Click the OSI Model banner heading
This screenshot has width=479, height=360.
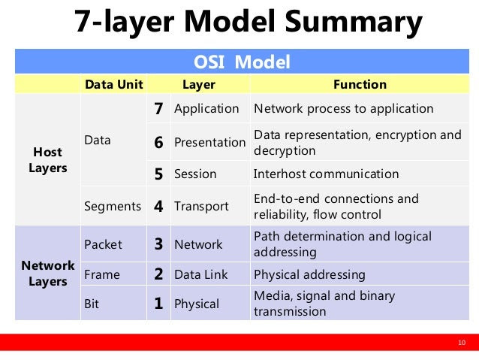(242, 62)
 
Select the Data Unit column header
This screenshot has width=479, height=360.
(114, 84)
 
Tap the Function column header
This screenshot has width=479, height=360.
(360, 84)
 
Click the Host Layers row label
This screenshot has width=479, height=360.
(48, 160)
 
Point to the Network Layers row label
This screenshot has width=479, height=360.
(48, 274)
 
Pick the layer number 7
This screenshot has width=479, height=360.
(158, 109)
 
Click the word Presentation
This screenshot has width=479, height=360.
(210, 142)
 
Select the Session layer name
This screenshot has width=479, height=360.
(195, 174)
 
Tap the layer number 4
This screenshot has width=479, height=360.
(158, 206)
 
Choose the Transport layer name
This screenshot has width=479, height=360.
(201, 207)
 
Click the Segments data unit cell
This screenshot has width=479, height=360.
(113, 207)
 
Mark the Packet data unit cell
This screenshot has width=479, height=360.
(103, 244)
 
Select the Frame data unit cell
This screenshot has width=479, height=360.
(102, 274)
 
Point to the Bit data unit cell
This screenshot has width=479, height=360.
(92, 304)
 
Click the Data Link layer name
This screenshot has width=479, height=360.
(201, 274)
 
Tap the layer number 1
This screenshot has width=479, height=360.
(158, 304)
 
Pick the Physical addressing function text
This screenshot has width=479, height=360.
(309, 274)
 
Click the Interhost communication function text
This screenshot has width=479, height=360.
(327, 174)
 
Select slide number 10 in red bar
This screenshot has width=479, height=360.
(462, 343)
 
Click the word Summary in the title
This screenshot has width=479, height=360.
(354, 22)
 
